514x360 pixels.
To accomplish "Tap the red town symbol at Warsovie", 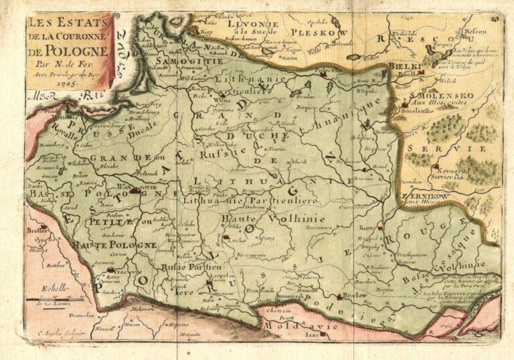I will coord(135,191).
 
